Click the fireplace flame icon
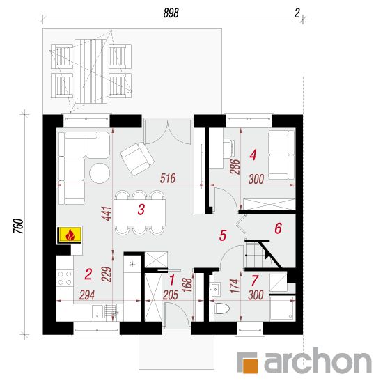point(70,235)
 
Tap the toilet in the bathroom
point(221,309)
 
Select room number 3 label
point(141,210)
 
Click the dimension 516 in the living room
point(168,178)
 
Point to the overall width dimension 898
point(171,13)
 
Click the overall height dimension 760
point(19,226)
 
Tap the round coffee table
point(100,173)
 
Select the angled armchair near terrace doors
point(137,159)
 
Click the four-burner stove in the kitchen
point(65,279)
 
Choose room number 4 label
point(253,155)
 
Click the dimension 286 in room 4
point(235,166)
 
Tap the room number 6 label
point(279,228)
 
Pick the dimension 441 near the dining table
point(107,214)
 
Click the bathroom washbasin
point(215,290)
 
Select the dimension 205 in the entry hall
point(171,295)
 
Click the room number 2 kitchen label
point(88,274)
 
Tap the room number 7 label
point(254,281)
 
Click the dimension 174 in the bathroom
point(234,286)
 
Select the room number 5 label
point(223,235)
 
